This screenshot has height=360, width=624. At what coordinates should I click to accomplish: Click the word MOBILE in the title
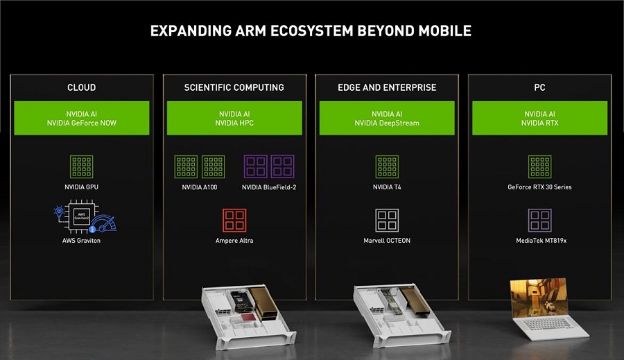click(445, 31)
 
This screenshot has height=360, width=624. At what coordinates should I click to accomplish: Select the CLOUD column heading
click(82, 87)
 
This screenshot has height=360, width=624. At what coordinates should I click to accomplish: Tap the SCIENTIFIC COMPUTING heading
click(234, 87)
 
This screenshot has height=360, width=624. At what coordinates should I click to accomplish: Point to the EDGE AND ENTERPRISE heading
click(387, 87)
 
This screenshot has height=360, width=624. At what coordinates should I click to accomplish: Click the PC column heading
click(539, 87)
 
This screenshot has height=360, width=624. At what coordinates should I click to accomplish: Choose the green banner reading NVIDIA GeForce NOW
click(82, 118)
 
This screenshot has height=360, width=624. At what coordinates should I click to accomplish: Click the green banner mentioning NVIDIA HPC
click(234, 118)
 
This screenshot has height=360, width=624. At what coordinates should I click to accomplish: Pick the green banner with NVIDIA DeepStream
click(387, 118)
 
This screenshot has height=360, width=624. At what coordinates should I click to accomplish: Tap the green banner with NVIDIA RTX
click(539, 118)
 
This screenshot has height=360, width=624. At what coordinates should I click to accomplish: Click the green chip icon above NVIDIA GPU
click(82, 166)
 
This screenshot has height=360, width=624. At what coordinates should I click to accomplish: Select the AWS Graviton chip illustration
click(85, 216)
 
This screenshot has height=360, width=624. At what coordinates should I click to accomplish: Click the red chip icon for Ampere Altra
click(234, 220)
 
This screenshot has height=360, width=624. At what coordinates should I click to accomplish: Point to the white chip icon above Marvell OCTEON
click(387, 220)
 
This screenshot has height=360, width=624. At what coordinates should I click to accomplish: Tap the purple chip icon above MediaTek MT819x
click(539, 220)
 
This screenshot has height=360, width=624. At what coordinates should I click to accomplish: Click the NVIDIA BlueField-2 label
click(269, 187)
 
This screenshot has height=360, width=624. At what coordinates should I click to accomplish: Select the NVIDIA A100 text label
click(200, 187)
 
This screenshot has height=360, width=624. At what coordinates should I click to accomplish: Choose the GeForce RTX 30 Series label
click(539, 187)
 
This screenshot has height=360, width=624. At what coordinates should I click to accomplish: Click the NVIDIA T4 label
click(387, 187)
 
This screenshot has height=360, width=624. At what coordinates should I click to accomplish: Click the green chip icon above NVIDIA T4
click(387, 166)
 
